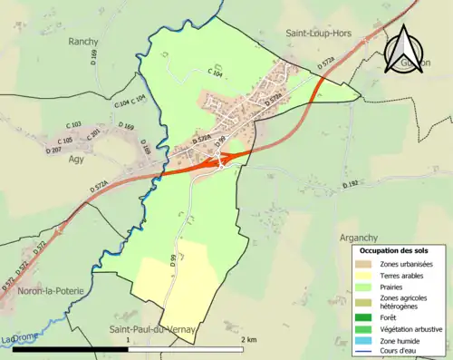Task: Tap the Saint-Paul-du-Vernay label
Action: click(x=152, y=329)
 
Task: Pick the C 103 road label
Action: click(x=74, y=124)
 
